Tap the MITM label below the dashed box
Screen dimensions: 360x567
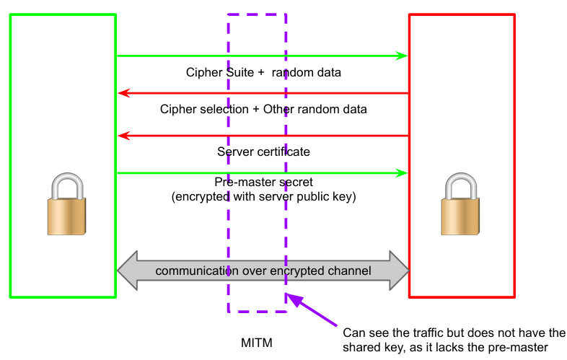click(257, 341)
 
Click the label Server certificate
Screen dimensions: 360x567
click(263, 152)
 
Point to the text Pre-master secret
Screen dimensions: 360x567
click(263, 183)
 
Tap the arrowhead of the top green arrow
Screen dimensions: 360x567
click(403, 56)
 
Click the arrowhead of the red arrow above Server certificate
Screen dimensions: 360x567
click(123, 136)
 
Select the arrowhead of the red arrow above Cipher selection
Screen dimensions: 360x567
click(123, 93)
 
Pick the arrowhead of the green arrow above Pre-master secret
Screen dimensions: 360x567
click(403, 173)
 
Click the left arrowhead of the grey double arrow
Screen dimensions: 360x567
click(127, 271)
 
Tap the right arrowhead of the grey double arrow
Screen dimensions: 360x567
click(400, 271)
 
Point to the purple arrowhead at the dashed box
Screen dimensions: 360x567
click(291, 297)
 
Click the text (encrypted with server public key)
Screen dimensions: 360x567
click(263, 196)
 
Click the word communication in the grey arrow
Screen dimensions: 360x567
click(193, 271)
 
